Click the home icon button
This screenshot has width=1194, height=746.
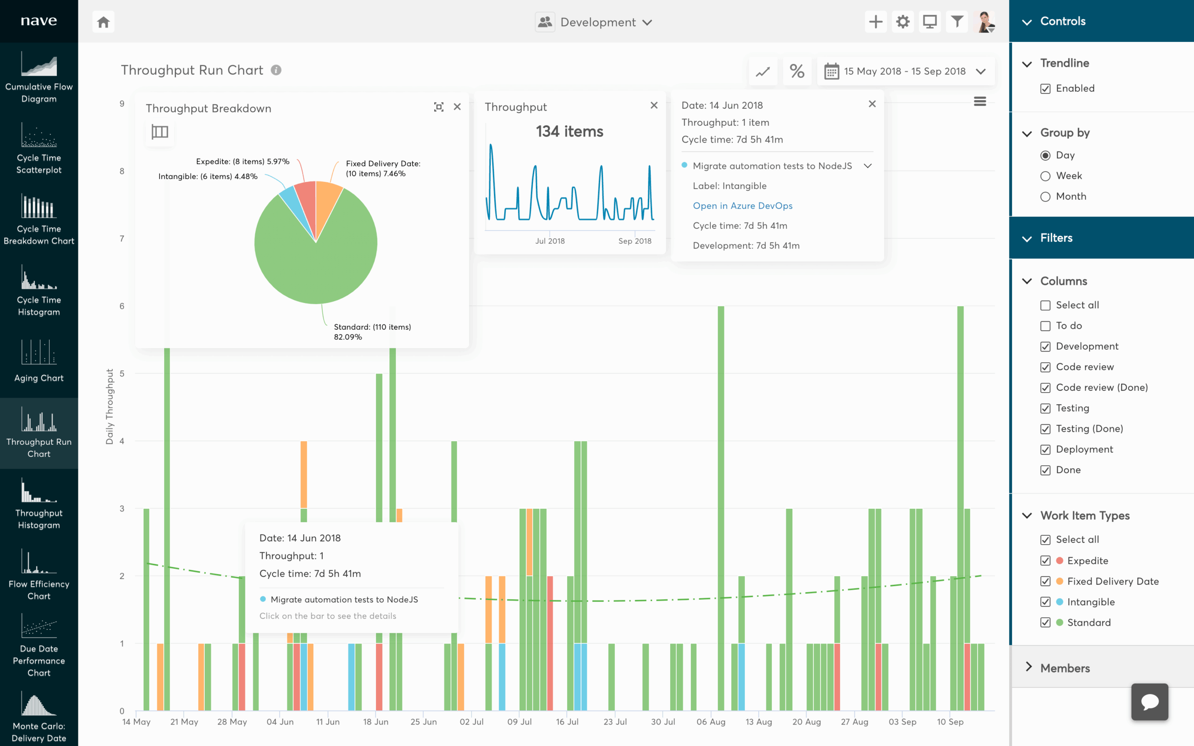coord(103,22)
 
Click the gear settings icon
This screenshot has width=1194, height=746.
coord(902,22)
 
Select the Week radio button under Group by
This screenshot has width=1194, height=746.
coord(1045,176)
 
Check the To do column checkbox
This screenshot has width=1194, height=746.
coord(1045,326)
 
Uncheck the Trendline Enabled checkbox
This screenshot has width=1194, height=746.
coord(1045,89)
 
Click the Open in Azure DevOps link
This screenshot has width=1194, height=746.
coord(742,206)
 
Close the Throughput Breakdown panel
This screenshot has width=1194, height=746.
coord(457,107)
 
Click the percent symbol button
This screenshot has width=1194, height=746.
coord(797,71)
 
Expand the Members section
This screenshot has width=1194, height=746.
coord(1065,668)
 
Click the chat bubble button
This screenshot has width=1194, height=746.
coord(1149,702)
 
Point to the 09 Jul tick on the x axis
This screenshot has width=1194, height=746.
coord(520,721)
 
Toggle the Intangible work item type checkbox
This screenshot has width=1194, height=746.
coord(1045,602)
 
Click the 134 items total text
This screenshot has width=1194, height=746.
coord(569,131)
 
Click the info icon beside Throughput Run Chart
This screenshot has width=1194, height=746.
coord(276,70)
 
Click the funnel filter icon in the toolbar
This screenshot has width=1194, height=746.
coord(957,22)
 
